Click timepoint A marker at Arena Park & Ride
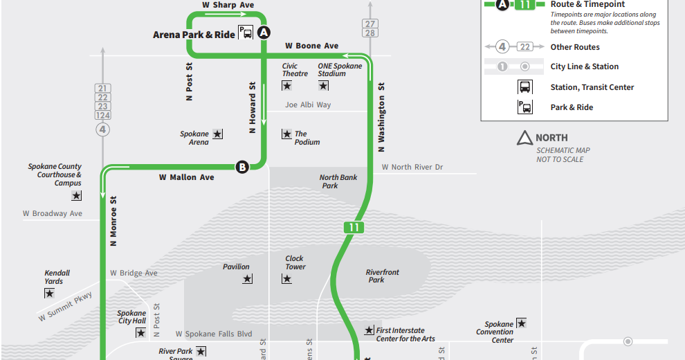point(264,33)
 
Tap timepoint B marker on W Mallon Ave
point(241,166)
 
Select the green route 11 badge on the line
point(353,227)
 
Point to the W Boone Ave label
point(311,46)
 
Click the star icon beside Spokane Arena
point(217,134)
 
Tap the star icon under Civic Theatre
point(286,86)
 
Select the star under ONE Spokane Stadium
point(323,86)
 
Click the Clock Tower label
point(295,262)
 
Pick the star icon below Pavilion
point(247,279)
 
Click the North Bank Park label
point(338,181)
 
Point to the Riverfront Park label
point(382,276)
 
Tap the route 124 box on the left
point(103,115)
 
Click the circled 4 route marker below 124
point(103,129)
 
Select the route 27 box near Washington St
point(370,24)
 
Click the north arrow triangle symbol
point(524,138)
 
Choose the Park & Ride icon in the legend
point(525,107)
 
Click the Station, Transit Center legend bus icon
point(525,87)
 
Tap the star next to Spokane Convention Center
point(521,323)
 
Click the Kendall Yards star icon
point(49,294)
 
